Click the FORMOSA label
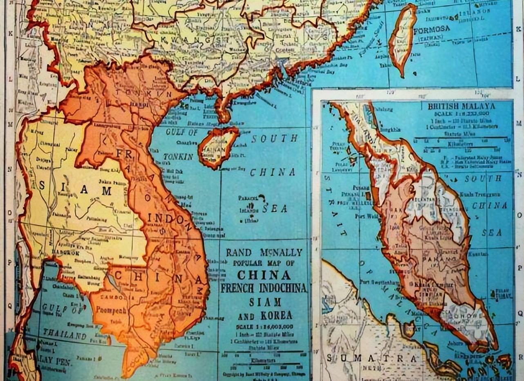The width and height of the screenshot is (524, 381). click(x=431, y=30)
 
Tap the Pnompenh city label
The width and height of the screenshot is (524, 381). click(x=111, y=310)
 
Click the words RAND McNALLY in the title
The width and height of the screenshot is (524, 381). click(x=264, y=252)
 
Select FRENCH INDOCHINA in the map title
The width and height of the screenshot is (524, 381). click(x=264, y=288)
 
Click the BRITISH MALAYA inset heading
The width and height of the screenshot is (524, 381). click(x=461, y=107)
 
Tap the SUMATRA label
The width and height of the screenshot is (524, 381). click(x=372, y=359)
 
